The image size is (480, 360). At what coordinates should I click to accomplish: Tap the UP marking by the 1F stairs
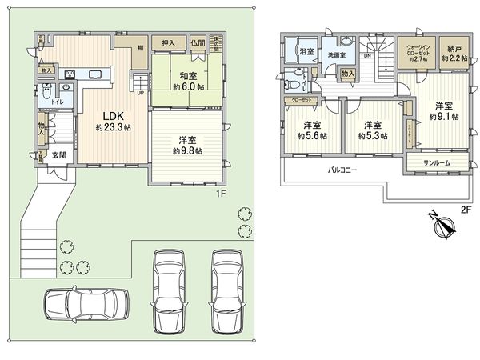coord(142,91)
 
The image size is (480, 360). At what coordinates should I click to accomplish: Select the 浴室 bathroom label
coord(306,50)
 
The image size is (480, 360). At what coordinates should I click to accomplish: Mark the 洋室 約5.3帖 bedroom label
coord(372,130)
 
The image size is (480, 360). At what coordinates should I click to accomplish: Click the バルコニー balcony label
coord(341,170)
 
